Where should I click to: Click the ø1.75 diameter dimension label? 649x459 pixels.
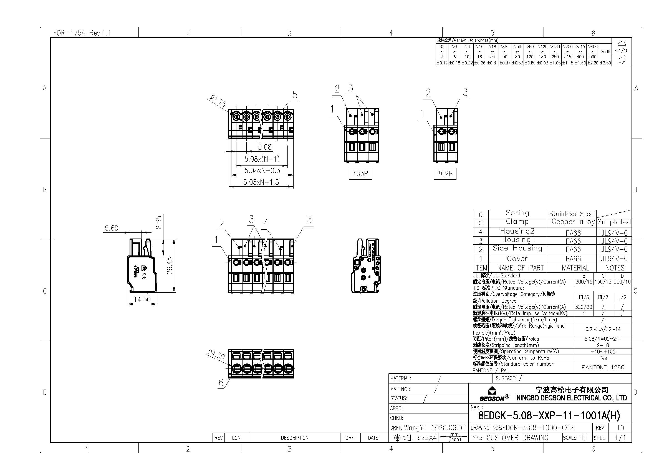[218, 101]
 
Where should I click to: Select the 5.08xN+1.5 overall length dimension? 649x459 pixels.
[261, 182]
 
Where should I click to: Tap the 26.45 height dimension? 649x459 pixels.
[170, 265]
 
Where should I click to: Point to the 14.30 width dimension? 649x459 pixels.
[142, 300]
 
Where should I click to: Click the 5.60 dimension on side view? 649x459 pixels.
[111, 228]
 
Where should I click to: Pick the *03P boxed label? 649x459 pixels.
[360, 173]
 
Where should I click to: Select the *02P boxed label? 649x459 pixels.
[445, 174]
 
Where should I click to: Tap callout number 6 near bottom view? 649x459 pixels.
[221, 383]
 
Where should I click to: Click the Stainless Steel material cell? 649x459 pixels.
[571, 214]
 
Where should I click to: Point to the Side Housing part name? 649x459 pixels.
[517, 248]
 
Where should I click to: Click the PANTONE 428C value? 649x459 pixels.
[603, 367]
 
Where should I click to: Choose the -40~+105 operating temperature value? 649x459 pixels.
[603, 352]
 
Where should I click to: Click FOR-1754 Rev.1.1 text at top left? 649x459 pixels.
[82, 33]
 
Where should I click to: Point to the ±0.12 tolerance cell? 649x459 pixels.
[442, 63]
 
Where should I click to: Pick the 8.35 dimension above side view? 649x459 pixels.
[159, 222]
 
